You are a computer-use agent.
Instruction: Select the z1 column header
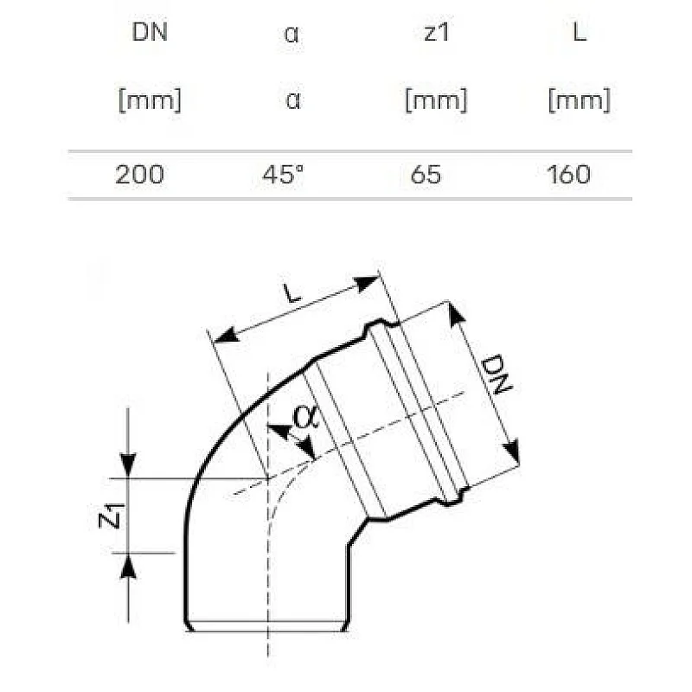435,34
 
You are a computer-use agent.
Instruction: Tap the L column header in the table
578,34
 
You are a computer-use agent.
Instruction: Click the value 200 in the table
138,175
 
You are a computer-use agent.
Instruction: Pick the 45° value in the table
283,175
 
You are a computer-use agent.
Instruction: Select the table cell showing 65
427,175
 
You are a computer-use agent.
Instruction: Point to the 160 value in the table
569,175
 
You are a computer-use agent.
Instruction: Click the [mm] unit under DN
149,100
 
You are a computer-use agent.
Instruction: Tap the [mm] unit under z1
435,100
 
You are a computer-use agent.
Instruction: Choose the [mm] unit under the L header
578,100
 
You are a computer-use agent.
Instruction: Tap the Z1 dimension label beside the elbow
110,516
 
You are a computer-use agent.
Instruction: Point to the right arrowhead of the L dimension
371,282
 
